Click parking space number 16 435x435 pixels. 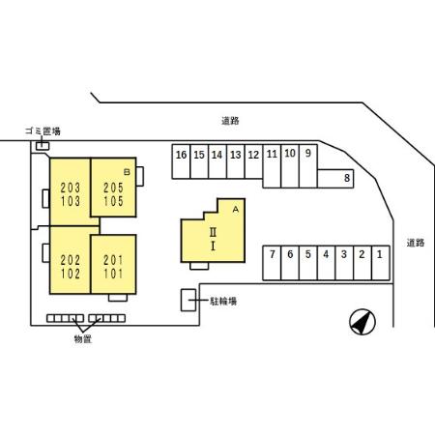pyautogui.click(x=181, y=161)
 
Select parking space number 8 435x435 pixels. pyautogui.click(x=335, y=179)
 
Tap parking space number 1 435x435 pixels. pyautogui.click(x=381, y=263)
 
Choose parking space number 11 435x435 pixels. pyautogui.click(x=272, y=166)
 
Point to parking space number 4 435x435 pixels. pyautogui.click(x=326, y=263)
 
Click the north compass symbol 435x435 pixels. pyautogui.click(x=362, y=322)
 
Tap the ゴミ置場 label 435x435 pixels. pyautogui.click(x=43, y=131)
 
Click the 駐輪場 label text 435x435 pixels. pyautogui.click(x=223, y=302)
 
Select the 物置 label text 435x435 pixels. pyautogui.click(x=83, y=339)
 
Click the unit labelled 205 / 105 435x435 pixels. pyautogui.click(x=113, y=188)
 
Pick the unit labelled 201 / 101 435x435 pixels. pyautogui.click(x=113, y=264)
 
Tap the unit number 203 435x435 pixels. pyautogui.click(x=71, y=188)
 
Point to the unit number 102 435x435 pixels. pyautogui.click(x=71, y=274)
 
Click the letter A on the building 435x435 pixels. pyautogui.click(x=236, y=210)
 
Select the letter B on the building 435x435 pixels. pyautogui.click(x=127, y=172)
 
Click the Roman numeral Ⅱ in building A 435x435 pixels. pyautogui.click(x=213, y=232)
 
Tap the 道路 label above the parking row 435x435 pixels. pyautogui.click(x=230, y=121)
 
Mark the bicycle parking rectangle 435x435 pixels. pyautogui.click(x=188, y=301)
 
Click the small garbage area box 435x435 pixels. pyautogui.click(x=43, y=146)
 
